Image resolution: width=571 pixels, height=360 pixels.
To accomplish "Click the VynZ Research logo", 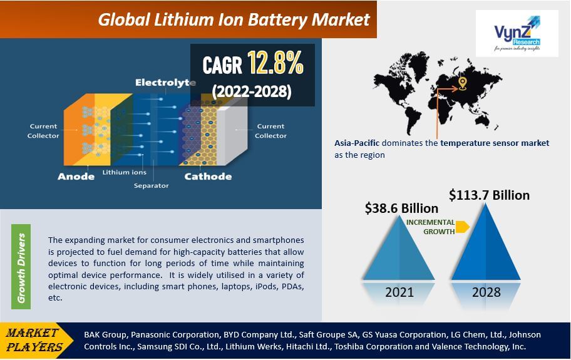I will [517, 33].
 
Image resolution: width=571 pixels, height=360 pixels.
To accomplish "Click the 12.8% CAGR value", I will [275, 63].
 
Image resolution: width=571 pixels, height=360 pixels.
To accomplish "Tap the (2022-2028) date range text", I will [251, 91].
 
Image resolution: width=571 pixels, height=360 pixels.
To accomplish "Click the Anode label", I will [76, 176].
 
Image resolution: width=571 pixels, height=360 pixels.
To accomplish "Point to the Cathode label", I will [207, 176].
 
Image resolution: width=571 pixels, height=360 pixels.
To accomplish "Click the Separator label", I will [151, 185].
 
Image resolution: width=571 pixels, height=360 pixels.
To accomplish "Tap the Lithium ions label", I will [125, 172].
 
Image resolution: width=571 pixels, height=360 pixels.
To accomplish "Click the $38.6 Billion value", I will [401, 208].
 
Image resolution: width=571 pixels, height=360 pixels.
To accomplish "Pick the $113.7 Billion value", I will [489, 195].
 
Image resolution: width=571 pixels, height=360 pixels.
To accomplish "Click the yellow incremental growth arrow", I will [462, 227].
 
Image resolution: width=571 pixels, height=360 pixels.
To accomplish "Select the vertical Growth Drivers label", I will [22, 268].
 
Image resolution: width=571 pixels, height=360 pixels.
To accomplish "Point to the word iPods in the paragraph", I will [250, 287].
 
